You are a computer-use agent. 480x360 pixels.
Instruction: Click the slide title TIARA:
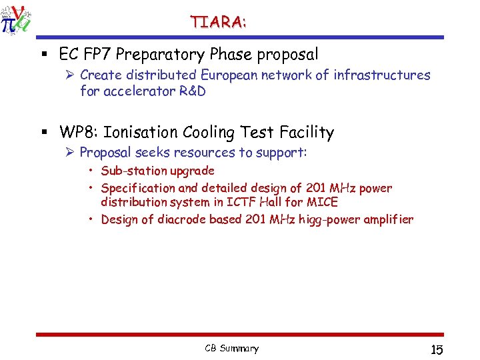(x=218, y=22)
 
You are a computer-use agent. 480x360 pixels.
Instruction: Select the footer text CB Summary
(x=231, y=348)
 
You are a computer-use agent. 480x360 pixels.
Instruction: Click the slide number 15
(x=437, y=349)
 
